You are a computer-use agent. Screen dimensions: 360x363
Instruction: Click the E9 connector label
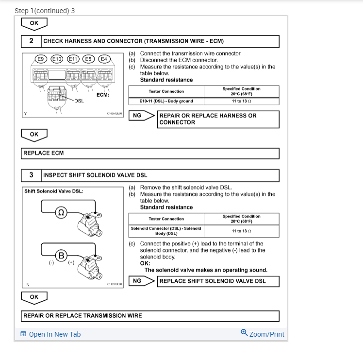tap(41, 59)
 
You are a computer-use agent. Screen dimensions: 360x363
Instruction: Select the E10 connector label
tap(57, 59)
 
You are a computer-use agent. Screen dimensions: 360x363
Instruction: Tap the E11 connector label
tap(73, 59)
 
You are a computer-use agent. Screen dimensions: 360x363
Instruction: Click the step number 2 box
tap(32, 41)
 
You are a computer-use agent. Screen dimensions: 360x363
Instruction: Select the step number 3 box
tap(32, 175)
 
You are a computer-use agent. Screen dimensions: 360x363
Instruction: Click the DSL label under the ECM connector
tap(80, 101)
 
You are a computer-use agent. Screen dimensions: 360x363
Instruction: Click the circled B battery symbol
tap(61, 255)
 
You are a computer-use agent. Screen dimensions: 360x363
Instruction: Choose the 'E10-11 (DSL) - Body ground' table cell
tap(166, 101)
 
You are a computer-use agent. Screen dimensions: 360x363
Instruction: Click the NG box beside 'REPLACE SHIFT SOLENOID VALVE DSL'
tap(137, 281)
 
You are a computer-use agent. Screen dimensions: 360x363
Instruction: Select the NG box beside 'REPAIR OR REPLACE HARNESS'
tap(137, 116)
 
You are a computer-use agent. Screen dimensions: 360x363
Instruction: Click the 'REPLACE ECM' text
tap(44, 153)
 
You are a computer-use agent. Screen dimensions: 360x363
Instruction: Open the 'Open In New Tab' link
tap(50, 334)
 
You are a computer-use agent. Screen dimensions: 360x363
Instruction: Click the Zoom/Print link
tap(263, 334)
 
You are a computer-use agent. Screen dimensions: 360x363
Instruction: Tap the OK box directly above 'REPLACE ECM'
tap(34, 134)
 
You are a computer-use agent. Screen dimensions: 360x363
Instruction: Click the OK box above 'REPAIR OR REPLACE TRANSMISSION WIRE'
tap(34, 297)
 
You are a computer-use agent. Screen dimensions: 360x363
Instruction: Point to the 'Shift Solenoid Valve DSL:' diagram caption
tap(54, 191)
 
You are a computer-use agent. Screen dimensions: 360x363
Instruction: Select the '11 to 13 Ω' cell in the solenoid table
tap(241, 231)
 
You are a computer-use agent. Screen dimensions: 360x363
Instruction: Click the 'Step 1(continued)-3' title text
tap(45, 10)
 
